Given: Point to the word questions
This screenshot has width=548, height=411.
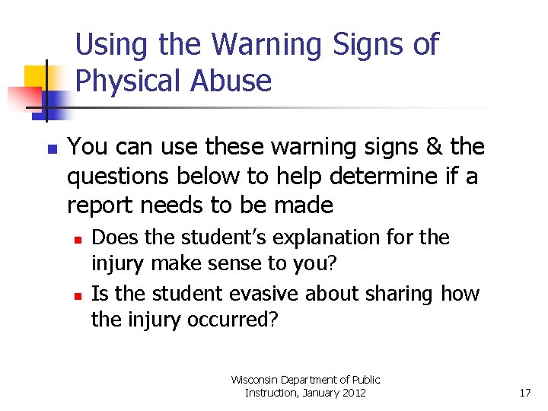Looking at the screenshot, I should click(x=120, y=177).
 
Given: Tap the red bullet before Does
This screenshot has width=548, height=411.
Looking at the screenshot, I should click(x=78, y=239).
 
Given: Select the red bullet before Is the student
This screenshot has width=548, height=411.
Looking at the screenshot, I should click(x=78, y=295).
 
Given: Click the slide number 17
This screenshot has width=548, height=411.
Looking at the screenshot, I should click(x=524, y=393).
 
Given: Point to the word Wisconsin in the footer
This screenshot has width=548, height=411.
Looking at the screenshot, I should click(x=255, y=379).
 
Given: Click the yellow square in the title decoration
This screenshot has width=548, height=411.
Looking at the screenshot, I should click(x=37, y=78).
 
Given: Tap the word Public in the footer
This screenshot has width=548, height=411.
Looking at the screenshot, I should click(x=365, y=379).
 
